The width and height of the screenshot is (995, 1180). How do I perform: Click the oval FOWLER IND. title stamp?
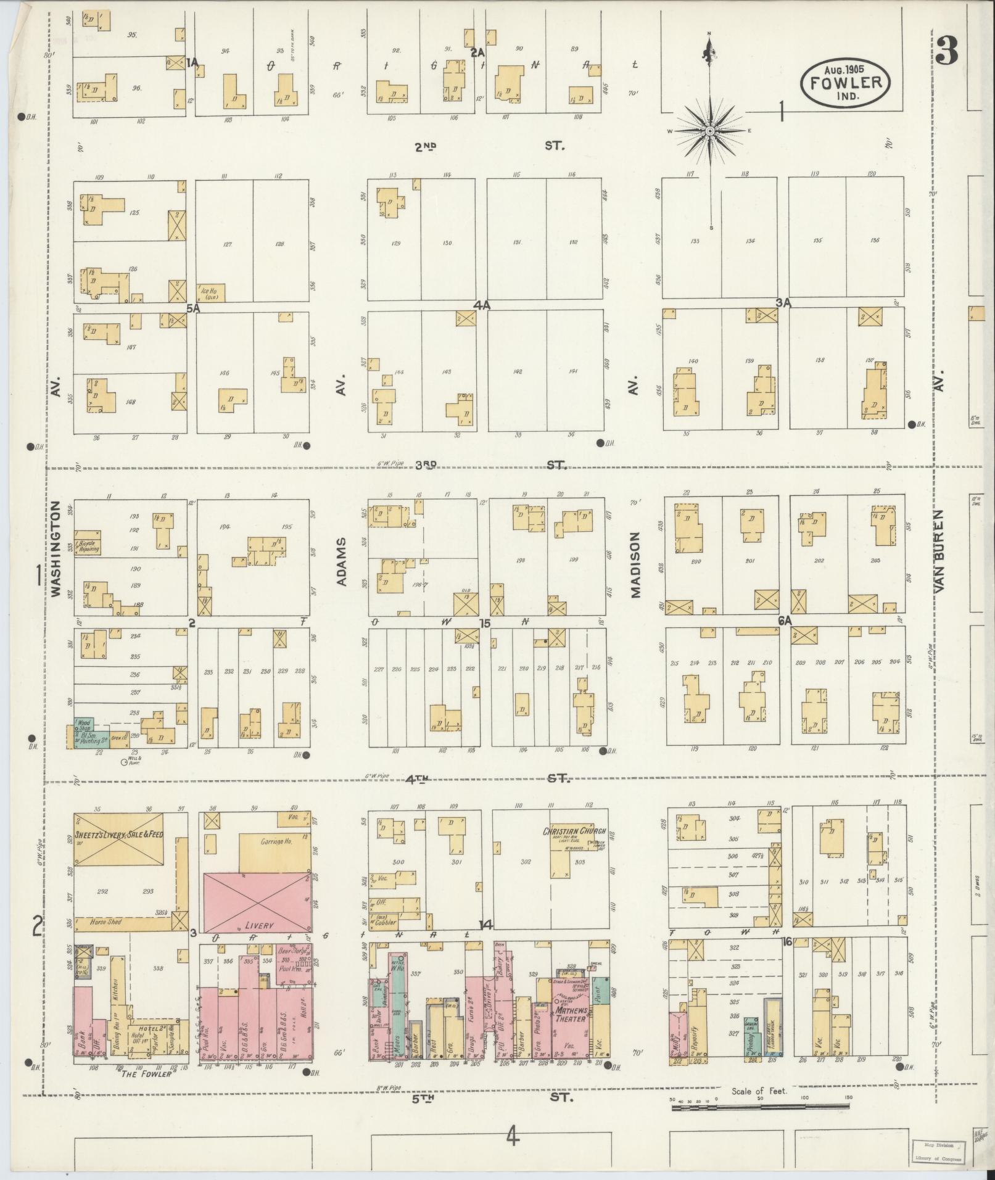click(845, 83)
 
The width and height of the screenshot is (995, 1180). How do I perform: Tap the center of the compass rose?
click(709, 131)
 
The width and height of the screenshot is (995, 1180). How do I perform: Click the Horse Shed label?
click(106, 922)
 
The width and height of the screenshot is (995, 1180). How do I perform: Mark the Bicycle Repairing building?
click(88, 547)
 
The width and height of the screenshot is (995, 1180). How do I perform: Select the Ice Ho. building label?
click(211, 292)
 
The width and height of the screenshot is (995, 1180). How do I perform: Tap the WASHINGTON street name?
click(56, 549)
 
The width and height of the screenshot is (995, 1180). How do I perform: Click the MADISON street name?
click(635, 564)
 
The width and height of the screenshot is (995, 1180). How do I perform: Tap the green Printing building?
click(751, 1036)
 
